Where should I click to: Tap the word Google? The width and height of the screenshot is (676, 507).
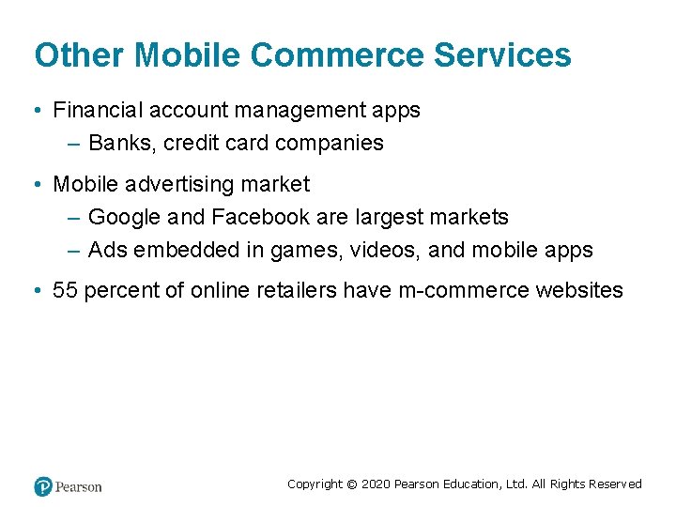pyautogui.click(x=125, y=217)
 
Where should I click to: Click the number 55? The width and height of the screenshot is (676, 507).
pyautogui.click(x=66, y=290)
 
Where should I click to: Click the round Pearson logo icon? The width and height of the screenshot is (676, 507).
pyautogui.click(x=43, y=486)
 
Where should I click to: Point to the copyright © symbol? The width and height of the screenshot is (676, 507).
pyautogui.click(x=352, y=484)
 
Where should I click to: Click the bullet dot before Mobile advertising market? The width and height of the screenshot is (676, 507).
pyautogui.click(x=35, y=184)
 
